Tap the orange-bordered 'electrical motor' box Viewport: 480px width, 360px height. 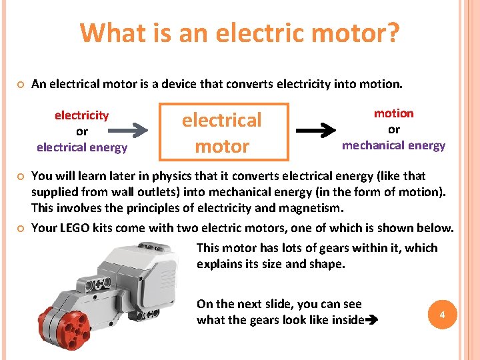tap(223, 133)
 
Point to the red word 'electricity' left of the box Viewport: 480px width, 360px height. tap(81, 115)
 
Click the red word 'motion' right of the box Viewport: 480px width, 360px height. tap(393, 113)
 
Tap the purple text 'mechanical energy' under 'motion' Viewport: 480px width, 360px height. tap(393, 145)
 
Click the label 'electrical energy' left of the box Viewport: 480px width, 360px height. tap(81, 147)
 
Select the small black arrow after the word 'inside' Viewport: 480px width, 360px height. tap(371, 321)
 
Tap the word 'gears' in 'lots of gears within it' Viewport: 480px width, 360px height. tap(314, 248)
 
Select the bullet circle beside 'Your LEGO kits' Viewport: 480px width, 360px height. tap(21, 228)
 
